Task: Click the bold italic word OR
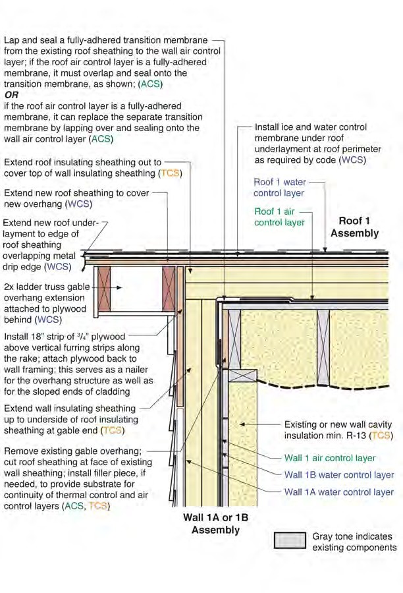(12, 95)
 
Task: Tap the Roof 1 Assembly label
(354, 227)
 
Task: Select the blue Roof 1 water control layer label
(279, 187)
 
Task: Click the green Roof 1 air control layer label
(279, 217)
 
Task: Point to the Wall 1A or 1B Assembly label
(215, 524)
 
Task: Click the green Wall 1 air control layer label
(330, 458)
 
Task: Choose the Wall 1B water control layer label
(339, 475)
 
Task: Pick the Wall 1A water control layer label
(339, 492)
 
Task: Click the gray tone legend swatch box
(290, 540)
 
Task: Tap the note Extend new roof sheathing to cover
(76, 198)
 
